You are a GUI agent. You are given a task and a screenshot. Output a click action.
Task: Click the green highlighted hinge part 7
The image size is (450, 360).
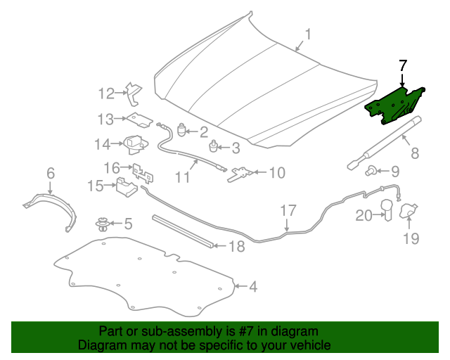[x=393, y=105]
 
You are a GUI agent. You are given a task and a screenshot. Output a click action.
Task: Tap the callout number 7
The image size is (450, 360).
[x=403, y=65]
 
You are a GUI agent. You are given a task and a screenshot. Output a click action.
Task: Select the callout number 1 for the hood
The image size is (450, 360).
[x=308, y=34]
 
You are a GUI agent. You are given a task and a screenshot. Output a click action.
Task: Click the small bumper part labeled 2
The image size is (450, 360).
[x=181, y=130]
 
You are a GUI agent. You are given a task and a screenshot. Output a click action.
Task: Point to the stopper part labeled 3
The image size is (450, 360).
[x=212, y=146]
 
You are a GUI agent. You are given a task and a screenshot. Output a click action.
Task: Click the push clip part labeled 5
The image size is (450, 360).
[x=103, y=224]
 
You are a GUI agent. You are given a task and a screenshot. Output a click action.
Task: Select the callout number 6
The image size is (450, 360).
[x=51, y=174]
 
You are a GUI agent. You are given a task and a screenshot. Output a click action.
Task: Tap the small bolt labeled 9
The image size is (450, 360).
[x=371, y=171]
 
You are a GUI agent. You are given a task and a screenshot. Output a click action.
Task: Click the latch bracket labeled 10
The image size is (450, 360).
[x=240, y=174]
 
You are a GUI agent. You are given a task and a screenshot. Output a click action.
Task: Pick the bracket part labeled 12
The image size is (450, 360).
[x=134, y=94]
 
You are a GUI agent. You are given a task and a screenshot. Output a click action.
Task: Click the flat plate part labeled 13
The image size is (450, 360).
[x=140, y=120]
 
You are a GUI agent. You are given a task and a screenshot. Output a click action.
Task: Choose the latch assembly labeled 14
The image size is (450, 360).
[x=136, y=144]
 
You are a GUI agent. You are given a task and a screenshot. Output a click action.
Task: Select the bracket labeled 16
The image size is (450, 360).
[x=143, y=174]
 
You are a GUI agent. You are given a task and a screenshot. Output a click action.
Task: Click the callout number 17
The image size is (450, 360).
[x=288, y=210]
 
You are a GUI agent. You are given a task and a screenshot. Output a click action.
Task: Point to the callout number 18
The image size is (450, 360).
[x=237, y=246]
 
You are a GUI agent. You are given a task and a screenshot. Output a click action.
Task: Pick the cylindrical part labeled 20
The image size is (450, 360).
[x=387, y=210]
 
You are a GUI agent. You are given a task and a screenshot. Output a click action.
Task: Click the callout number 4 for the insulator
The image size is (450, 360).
[x=253, y=286]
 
